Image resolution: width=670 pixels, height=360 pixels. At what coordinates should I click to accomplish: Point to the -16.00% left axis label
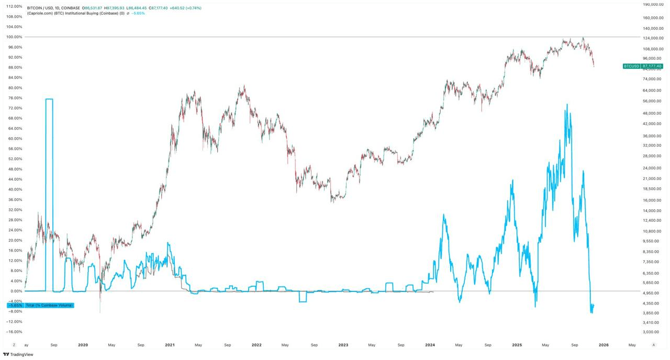pyautogui.click(x=14, y=332)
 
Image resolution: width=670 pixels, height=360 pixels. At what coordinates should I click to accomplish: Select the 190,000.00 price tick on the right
pyautogui.click(x=653, y=4)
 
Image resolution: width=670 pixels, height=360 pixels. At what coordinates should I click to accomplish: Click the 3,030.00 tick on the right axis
pyautogui.click(x=653, y=332)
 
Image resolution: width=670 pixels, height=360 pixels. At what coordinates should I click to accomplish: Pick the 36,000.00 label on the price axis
pyautogui.click(x=653, y=136)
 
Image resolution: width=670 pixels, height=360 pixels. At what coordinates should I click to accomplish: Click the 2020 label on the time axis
pyautogui.click(x=83, y=345)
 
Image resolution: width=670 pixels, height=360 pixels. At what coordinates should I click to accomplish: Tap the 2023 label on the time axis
pyautogui.click(x=343, y=345)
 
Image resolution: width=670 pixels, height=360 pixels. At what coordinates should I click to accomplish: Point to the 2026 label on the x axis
pyautogui.click(x=603, y=345)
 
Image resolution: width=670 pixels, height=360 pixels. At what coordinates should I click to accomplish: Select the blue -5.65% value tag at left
pyautogui.click(x=14, y=305)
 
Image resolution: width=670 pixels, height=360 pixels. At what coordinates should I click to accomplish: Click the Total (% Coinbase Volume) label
pyautogui.click(x=49, y=305)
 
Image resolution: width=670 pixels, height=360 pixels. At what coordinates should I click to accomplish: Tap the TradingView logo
pyautogui.click(x=18, y=354)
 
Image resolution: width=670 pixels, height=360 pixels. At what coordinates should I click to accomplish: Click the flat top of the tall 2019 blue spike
pyautogui.click(x=49, y=99)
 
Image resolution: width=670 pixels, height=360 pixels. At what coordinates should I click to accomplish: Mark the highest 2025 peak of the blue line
pyautogui.click(x=566, y=104)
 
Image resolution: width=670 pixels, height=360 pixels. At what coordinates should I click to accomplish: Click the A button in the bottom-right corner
pyautogui.click(x=653, y=345)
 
